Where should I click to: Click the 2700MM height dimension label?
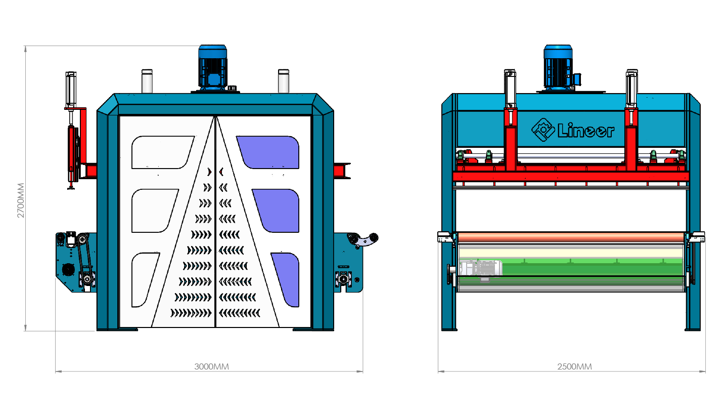point(20,200)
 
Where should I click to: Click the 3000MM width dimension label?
point(211,366)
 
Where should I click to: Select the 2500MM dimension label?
point(575,366)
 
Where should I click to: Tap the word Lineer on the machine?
point(585,131)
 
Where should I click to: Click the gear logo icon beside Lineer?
point(543,130)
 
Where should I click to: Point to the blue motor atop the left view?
point(212,67)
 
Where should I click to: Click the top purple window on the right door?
point(270,152)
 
